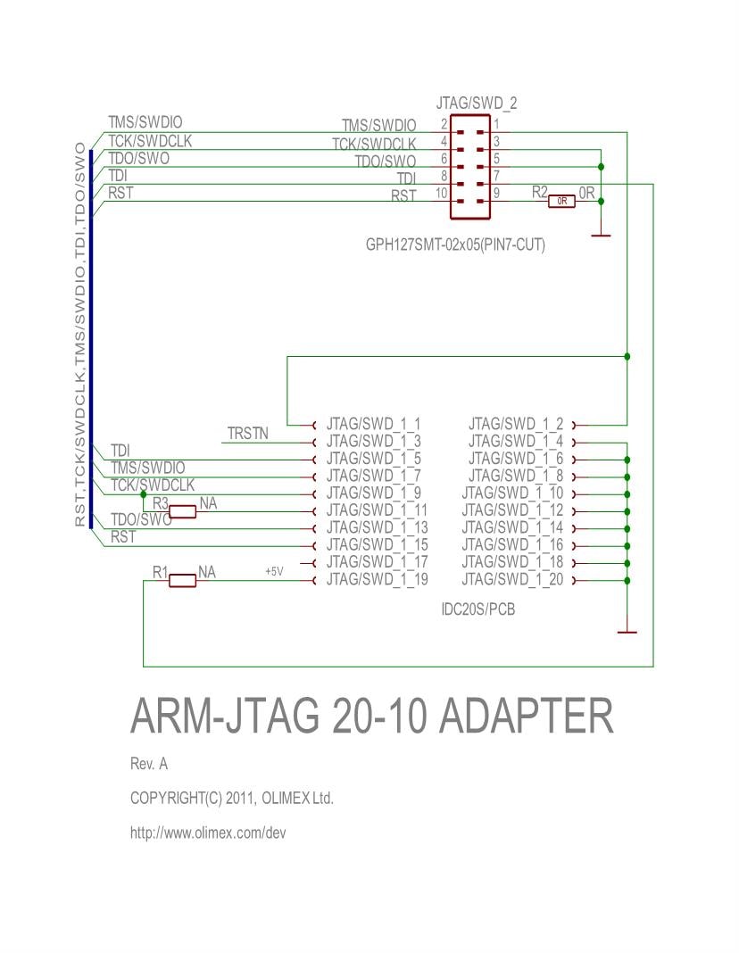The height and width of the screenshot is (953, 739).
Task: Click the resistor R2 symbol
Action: [561, 202]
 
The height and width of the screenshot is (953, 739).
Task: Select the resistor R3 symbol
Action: [183, 511]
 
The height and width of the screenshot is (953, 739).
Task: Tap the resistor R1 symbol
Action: [183, 581]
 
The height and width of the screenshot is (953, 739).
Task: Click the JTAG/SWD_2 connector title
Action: [477, 104]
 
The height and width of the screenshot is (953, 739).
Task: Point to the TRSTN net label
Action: [248, 434]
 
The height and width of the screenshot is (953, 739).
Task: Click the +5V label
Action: [274, 572]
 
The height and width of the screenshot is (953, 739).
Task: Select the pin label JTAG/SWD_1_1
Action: [373, 424]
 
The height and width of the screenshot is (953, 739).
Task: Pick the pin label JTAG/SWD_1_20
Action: [513, 581]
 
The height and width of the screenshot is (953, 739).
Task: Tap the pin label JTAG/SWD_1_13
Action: [377, 528]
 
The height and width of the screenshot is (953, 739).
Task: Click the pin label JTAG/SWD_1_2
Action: [516, 424]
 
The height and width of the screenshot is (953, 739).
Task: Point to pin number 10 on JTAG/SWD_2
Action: [441, 193]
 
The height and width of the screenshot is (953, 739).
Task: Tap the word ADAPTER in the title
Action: [527, 716]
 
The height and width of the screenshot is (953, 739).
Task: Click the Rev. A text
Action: [149, 765]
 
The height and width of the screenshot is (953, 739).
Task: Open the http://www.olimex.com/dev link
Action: [207, 833]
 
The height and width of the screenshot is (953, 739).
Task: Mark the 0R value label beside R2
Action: [586, 192]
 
